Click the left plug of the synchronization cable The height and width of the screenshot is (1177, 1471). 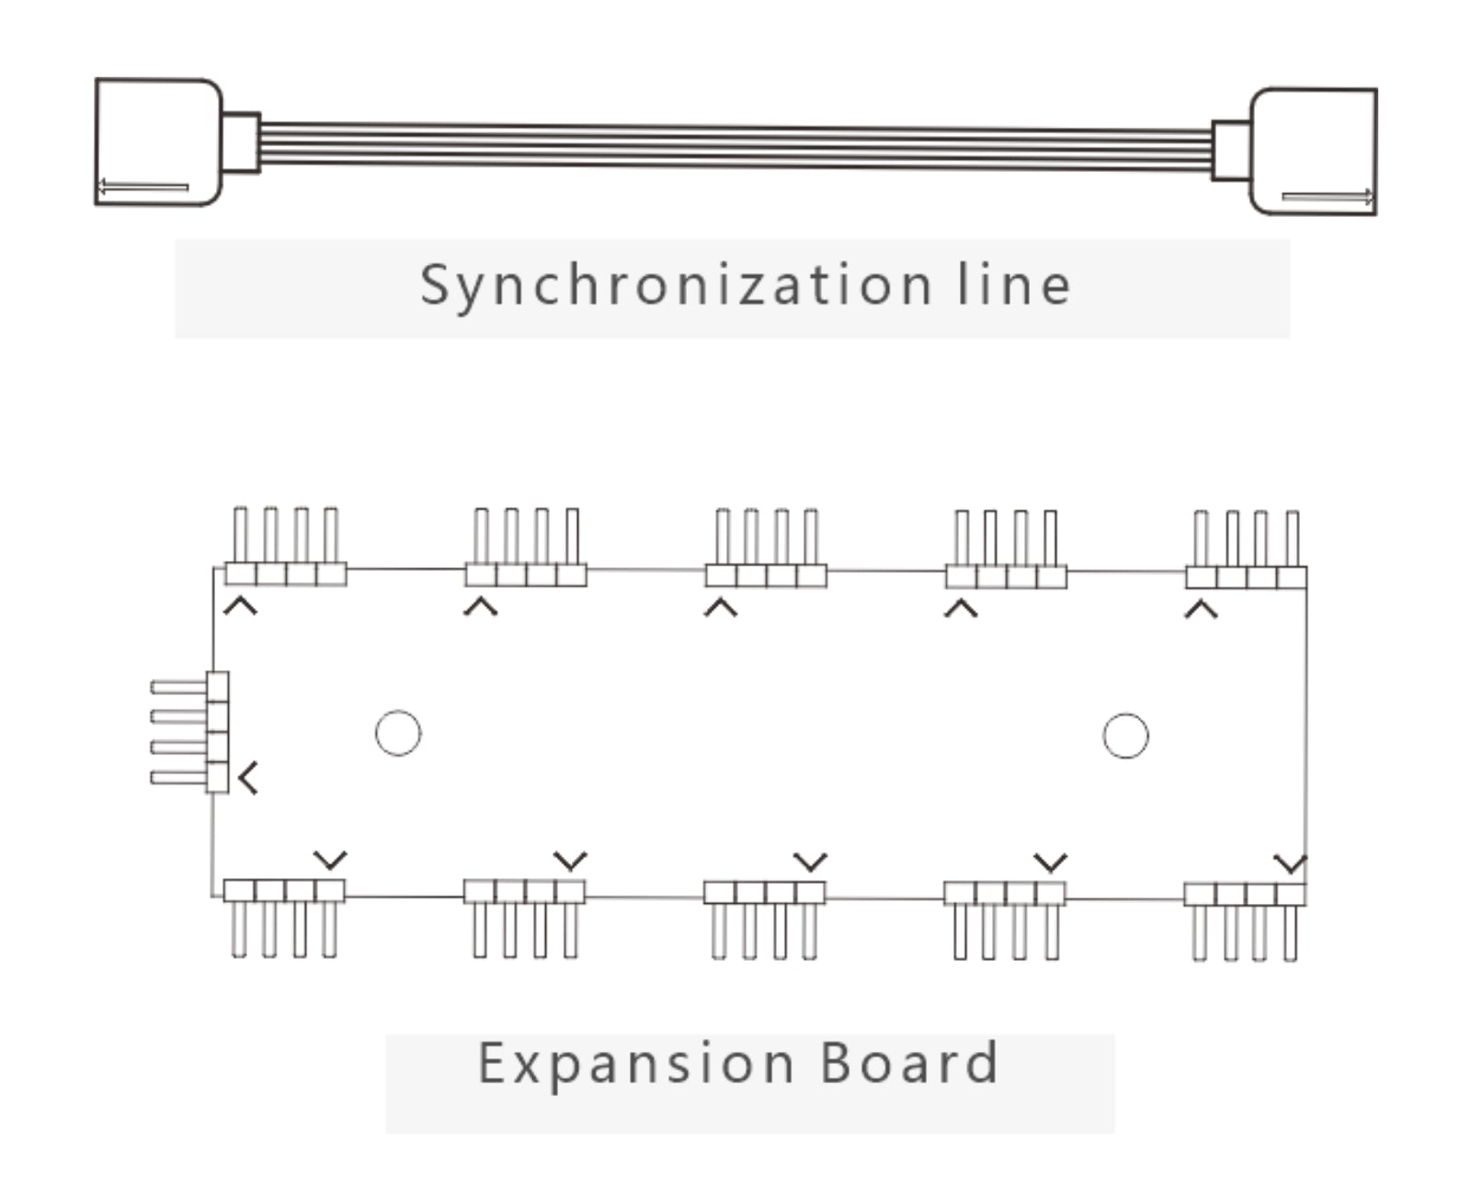(x=158, y=142)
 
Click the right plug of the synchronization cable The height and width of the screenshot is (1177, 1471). (x=1313, y=152)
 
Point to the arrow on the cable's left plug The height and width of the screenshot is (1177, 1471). (x=143, y=188)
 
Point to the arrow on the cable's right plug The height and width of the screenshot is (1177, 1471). (x=1328, y=196)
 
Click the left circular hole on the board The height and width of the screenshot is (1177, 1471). (x=398, y=734)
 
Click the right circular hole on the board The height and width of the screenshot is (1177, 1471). (x=1125, y=736)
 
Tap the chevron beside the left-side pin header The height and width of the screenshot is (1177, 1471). (x=247, y=778)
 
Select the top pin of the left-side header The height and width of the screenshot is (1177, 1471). (x=179, y=687)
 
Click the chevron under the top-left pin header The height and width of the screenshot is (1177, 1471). (x=240, y=606)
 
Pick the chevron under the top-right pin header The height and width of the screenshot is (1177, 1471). (x=1201, y=609)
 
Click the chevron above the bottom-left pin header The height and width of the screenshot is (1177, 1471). (x=330, y=861)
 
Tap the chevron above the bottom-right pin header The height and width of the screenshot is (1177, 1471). (x=1290, y=864)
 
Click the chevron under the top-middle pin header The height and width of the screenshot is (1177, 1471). (x=721, y=607)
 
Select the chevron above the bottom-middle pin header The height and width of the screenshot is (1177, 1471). (x=810, y=863)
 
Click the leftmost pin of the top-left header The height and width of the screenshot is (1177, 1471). (x=241, y=535)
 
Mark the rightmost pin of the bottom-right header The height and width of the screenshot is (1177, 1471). (x=1290, y=932)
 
